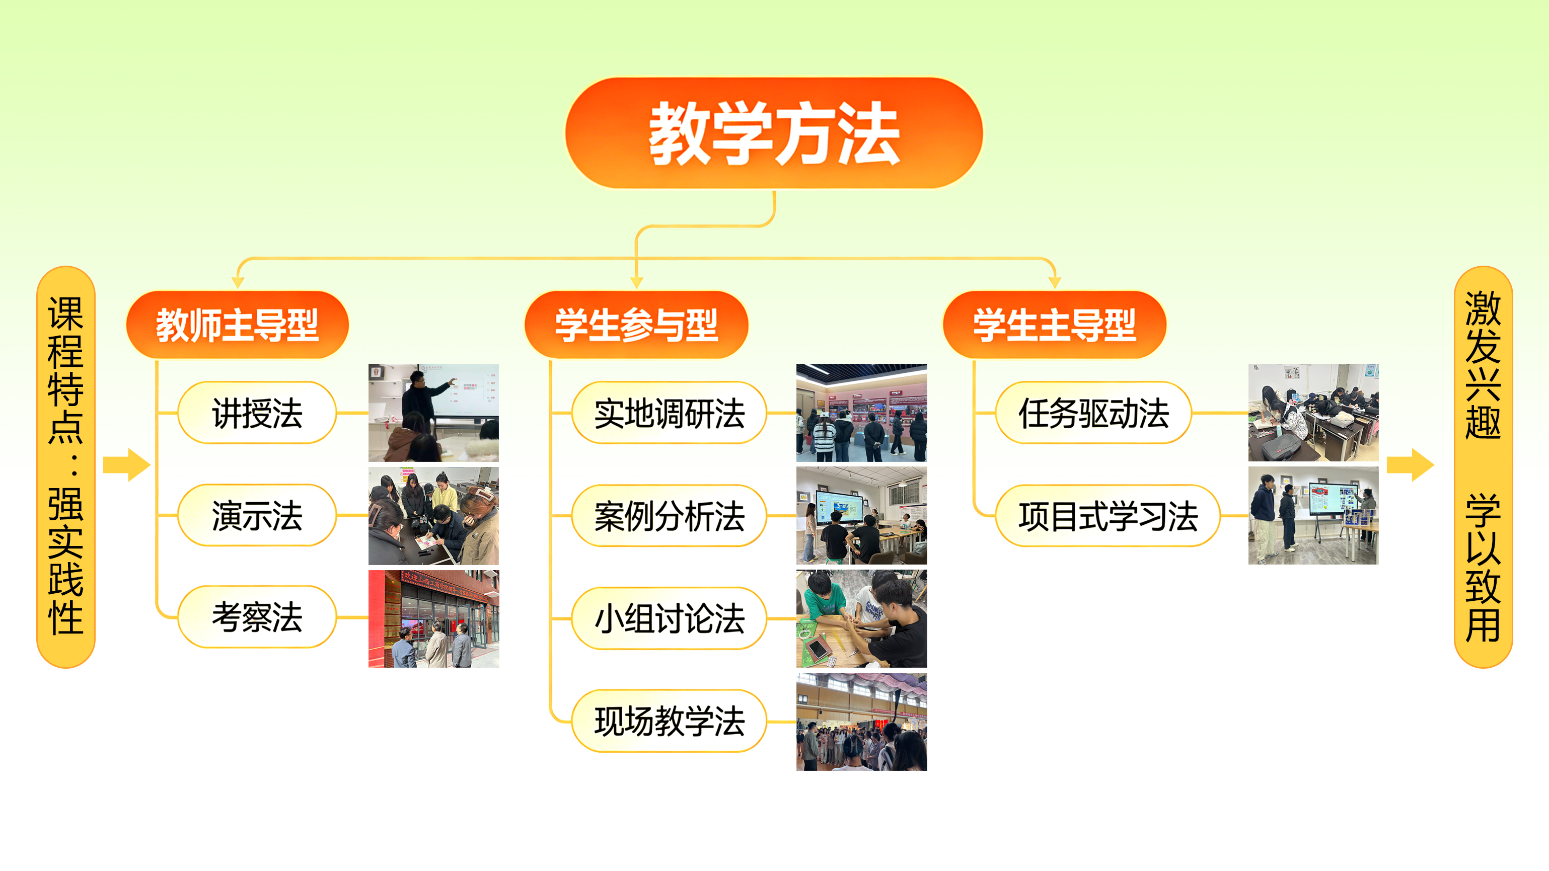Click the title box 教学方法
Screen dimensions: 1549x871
774,133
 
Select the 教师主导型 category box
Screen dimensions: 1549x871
238,325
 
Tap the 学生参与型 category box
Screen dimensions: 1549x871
636,325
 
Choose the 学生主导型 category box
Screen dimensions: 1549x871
1054,325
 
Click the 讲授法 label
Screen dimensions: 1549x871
257,413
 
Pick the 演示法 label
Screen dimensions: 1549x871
257,516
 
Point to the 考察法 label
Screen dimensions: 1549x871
257,617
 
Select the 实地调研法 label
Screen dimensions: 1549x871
669,413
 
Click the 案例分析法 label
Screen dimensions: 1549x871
669,516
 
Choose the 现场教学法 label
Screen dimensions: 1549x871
669,721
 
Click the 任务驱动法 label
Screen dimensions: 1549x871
1093,413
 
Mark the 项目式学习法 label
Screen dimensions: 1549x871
1108,516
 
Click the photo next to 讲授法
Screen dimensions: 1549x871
433,413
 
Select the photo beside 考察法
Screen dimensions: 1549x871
433,618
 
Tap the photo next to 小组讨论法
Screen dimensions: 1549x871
862,618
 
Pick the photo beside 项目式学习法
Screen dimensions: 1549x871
1313,516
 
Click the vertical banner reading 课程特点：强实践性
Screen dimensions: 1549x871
66,466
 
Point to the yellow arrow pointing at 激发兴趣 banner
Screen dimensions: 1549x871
1410,464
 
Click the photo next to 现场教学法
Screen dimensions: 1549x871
862,722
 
